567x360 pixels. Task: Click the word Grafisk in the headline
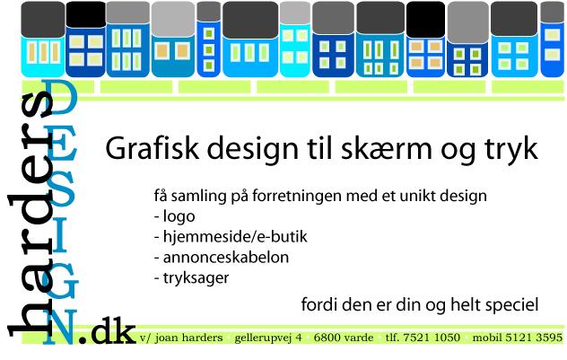pos(152,148)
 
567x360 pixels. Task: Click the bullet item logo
pos(179,217)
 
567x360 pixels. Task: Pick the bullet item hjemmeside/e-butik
pos(235,237)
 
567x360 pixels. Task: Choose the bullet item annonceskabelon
pos(226,258)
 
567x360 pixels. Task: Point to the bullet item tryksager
pos(196,278)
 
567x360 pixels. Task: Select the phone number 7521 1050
pos(432,338)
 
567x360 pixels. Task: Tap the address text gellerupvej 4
pos(268,338)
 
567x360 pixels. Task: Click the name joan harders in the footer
pos(189,338)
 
